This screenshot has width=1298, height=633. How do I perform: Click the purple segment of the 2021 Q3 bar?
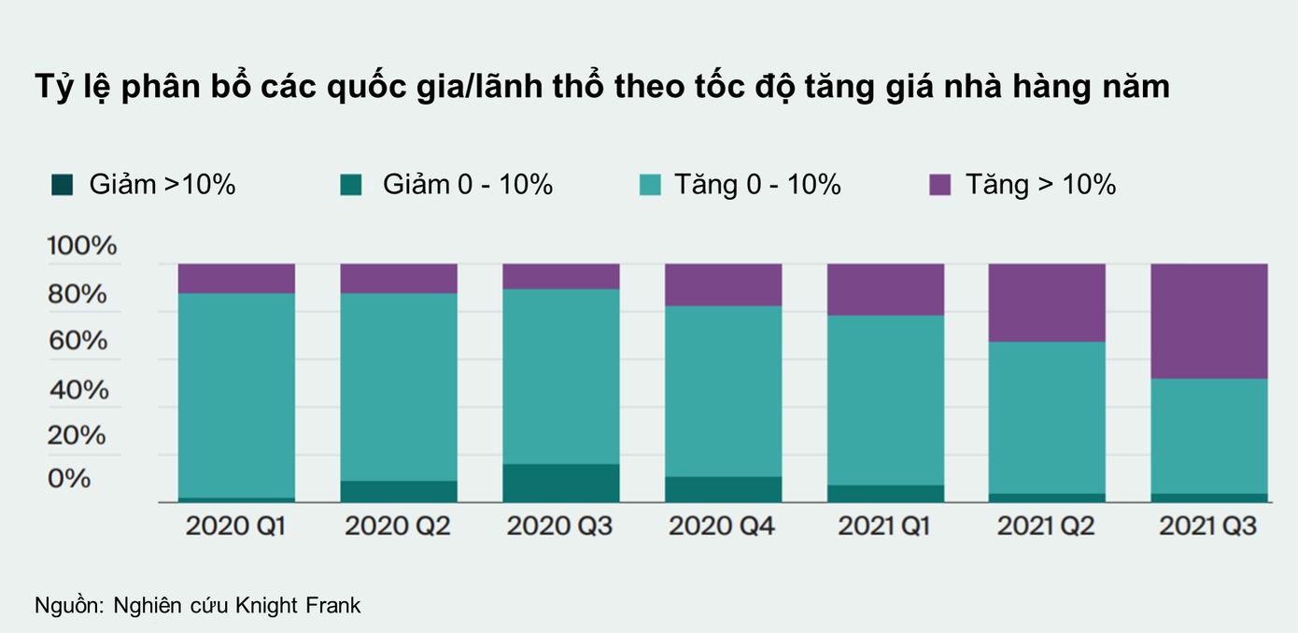point(1208,320)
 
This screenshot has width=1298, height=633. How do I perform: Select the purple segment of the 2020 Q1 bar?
point(236,278)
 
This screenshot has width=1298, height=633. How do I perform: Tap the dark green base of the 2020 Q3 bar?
point(560,483)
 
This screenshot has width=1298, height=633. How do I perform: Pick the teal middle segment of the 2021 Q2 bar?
point(1047,416)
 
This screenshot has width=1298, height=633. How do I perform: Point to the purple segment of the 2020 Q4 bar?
point(723,284)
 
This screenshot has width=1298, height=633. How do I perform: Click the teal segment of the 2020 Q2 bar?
point(398,387)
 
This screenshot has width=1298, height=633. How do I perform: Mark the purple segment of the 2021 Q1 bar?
point(885,288)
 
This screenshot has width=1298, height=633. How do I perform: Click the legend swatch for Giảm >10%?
point(63,186)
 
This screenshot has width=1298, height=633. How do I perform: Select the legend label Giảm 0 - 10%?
point(467,185)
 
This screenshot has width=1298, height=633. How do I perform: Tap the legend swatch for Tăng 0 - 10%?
point(650,186)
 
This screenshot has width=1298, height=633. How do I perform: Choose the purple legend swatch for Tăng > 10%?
point(939,186)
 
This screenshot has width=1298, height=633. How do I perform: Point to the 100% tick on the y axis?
point(82,246)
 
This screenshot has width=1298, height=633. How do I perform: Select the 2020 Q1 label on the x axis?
point(235,527)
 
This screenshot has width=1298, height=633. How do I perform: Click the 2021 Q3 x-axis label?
point(1207,527)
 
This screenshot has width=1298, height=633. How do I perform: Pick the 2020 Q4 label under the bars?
point(722,527)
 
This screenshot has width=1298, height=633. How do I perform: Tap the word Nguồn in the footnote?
point(69,605)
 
